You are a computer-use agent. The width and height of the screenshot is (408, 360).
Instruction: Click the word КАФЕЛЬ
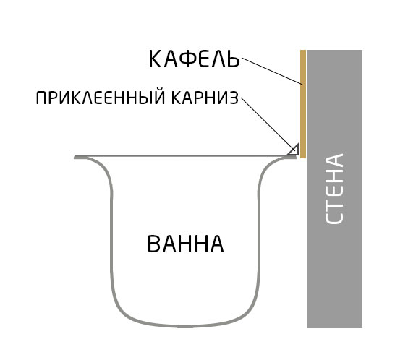tap(194, 59)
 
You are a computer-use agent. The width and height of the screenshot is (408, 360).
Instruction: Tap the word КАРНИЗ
tap(205, 98)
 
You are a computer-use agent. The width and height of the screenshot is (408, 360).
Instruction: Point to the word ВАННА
tap(185, 244)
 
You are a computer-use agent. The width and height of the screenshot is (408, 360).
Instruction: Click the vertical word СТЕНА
tap(334, 188)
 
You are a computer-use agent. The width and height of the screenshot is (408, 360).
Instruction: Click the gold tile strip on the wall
tap(303, 104)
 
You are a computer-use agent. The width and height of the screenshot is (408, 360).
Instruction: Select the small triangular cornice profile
tap(294, 150)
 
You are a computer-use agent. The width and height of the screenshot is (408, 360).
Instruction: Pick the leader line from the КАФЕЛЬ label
tap(272, 72)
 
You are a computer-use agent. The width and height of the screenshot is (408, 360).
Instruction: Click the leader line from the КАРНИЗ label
tap(268, 124)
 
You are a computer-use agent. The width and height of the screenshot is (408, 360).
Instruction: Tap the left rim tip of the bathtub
tap(75, 158)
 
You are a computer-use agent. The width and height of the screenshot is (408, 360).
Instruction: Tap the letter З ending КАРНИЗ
tap(234, 98)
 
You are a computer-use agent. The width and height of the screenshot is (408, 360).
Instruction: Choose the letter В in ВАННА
tap(153, 244)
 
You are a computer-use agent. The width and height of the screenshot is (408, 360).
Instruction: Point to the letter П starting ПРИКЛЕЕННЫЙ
tap(41, 98)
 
